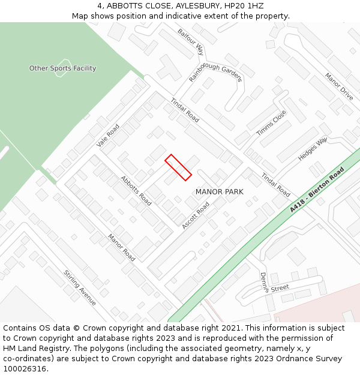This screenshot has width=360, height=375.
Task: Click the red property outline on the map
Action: point(178,167)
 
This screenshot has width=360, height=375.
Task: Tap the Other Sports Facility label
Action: point(62,68)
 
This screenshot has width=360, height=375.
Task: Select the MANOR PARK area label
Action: point(220,191)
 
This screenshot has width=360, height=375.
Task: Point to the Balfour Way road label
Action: point(191,41)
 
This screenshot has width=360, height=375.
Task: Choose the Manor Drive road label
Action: point(339,86)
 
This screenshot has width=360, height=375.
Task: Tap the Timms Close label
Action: point(271,123)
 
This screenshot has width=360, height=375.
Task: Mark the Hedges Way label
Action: point(313,149)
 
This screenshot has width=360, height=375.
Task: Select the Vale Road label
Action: point(108,136)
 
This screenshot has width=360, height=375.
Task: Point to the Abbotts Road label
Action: point(136,190)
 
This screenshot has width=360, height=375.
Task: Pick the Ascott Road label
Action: point(196,215)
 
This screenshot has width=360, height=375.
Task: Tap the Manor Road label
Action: point(121,247)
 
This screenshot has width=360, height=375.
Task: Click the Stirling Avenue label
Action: point(80,287)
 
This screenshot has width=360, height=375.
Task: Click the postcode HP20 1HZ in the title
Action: point(247,5)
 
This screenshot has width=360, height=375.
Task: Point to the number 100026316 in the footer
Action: point(25,369)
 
